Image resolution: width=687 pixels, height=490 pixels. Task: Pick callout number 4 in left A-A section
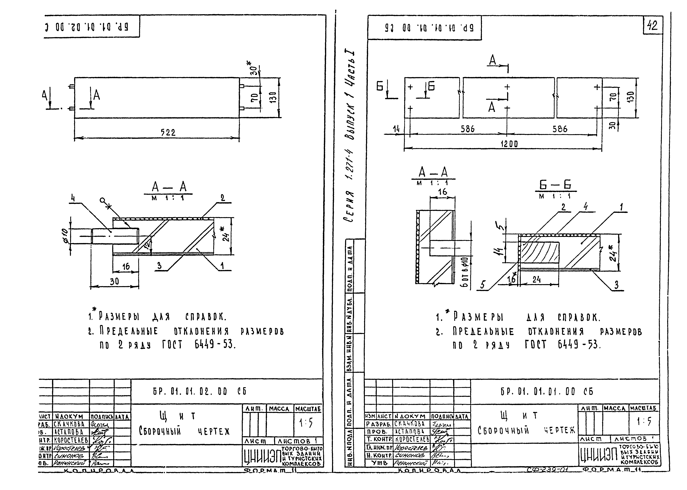click(x=73, y=198)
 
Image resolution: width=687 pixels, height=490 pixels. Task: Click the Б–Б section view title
click(x=555, y=185)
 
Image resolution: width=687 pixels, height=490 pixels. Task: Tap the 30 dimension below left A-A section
click(x=114, y=281)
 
